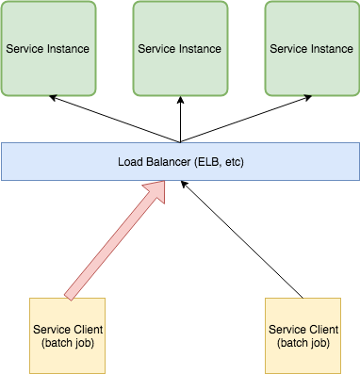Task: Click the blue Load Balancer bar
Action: (179, 162)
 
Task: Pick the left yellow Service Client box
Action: (67, 335)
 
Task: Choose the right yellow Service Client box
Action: (303, 335)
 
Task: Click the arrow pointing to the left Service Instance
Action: (113, 119)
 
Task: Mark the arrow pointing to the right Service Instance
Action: (247, 119)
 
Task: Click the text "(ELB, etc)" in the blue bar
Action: (220, 162)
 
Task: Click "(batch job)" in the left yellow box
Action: (67, 342)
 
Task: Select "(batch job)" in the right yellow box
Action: (303, 342)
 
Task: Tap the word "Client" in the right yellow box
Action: (321, 329)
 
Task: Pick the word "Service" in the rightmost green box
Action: (289, 47)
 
